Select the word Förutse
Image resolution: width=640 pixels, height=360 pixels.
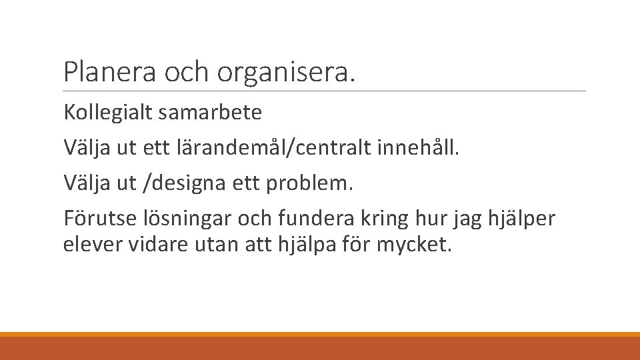pyautogui.click(x=93, y=218)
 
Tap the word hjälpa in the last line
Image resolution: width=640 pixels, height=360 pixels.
pyautogui.click(x=297, y=245)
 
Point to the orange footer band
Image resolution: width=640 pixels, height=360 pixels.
pyautogui.click(x=320, y=346)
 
